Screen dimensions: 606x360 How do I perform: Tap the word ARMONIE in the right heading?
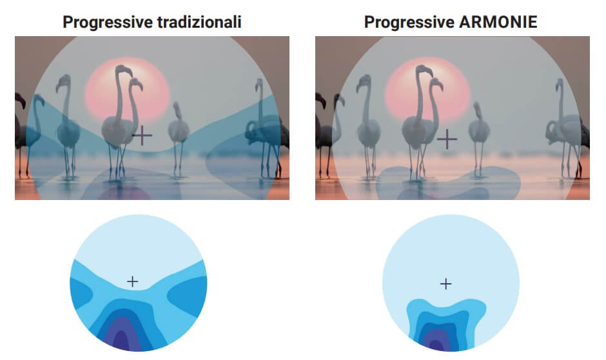[498, 22]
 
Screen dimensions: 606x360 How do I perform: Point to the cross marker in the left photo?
[142, 135]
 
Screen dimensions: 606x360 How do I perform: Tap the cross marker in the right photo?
[447, 139]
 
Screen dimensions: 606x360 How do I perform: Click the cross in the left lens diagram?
[133, 281]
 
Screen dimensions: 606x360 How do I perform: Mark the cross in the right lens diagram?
[445, 285]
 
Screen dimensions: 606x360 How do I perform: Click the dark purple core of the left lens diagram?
[121, 340]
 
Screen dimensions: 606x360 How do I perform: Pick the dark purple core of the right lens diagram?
[436, 345]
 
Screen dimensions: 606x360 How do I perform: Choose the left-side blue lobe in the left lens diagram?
[80, 293]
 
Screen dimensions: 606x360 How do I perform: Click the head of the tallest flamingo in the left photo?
[124, 70]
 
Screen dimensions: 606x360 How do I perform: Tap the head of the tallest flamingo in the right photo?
[425, 70]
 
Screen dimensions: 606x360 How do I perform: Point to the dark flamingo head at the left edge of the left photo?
[20, 100]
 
